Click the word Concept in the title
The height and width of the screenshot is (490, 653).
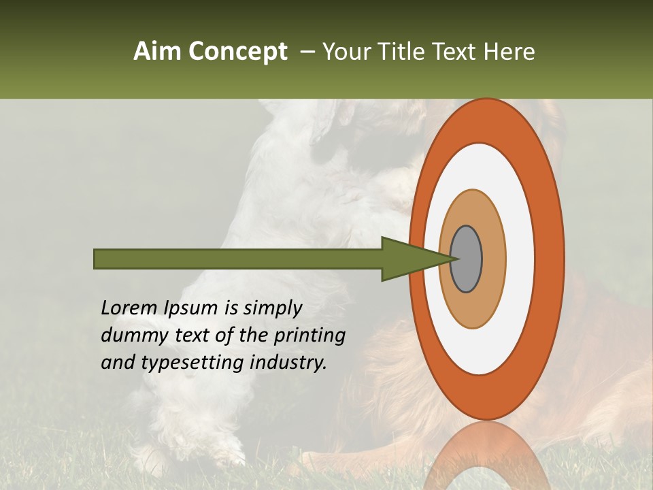coord(238,52)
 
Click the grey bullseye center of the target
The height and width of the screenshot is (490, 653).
coord(467,259)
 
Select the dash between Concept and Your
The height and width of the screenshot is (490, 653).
coord(307,52)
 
